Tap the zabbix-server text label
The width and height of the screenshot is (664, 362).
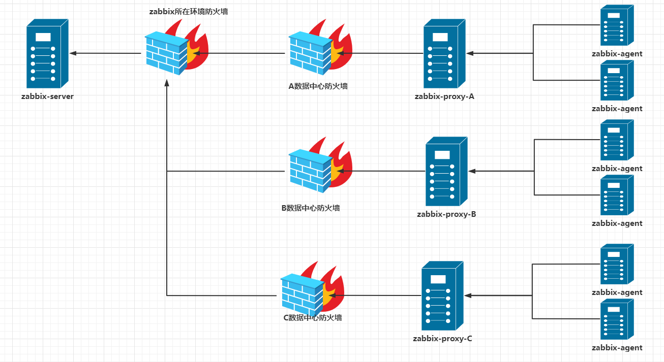coord(47,96)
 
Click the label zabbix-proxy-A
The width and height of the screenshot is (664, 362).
coord(444,96)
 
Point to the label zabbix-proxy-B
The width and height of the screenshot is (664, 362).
coord(446,214)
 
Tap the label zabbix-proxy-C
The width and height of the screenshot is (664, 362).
coord(442,339)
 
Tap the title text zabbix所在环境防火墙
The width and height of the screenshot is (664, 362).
coord(188,11)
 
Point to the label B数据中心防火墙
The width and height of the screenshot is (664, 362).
coord(311,208)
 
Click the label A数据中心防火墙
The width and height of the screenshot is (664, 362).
coord(318,86)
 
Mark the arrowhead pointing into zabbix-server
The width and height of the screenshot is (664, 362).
coord(73,53)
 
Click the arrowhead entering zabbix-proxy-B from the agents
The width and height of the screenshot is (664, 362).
coord(472,172)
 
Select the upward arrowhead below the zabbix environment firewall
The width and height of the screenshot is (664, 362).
coord(167,82)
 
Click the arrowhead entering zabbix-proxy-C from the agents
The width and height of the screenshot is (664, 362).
coord(468,295)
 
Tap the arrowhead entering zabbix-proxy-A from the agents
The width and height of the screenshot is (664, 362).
coord(470,53)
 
